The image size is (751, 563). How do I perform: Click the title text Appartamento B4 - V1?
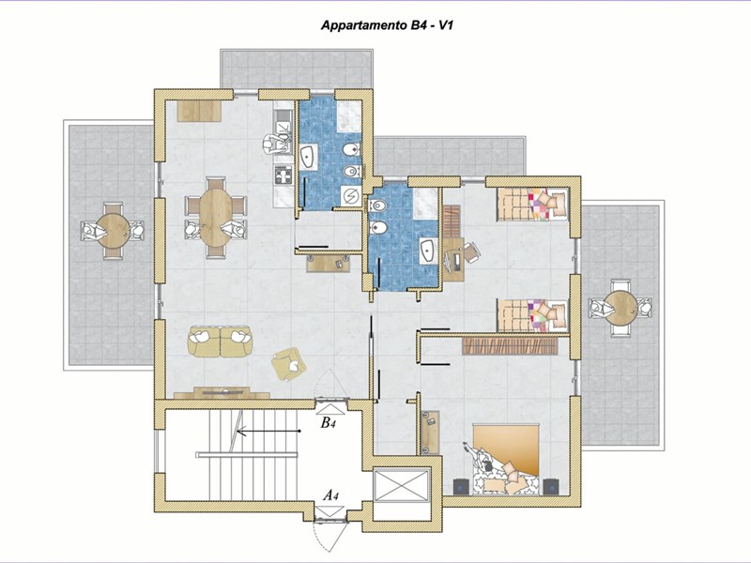387,25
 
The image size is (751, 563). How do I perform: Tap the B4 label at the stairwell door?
328,423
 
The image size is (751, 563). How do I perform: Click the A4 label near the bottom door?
330,495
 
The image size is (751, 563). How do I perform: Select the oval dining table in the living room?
216,218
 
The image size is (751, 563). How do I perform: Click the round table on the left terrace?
113,230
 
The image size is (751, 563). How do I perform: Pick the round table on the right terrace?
621,308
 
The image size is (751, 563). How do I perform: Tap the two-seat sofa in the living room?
220,341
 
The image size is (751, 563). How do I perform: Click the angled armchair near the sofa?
288,364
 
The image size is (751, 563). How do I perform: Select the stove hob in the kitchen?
284,175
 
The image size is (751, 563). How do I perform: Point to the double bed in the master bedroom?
506,458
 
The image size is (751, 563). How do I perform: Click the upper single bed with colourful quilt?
532,205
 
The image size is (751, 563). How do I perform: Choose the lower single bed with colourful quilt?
532,315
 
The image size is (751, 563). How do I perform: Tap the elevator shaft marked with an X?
402,486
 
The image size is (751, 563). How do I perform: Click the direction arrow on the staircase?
268,432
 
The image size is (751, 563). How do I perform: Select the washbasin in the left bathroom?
309,157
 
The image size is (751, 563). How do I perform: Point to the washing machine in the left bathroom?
351,196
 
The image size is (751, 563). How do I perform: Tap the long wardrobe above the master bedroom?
510,345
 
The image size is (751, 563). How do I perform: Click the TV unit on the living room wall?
222,393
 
